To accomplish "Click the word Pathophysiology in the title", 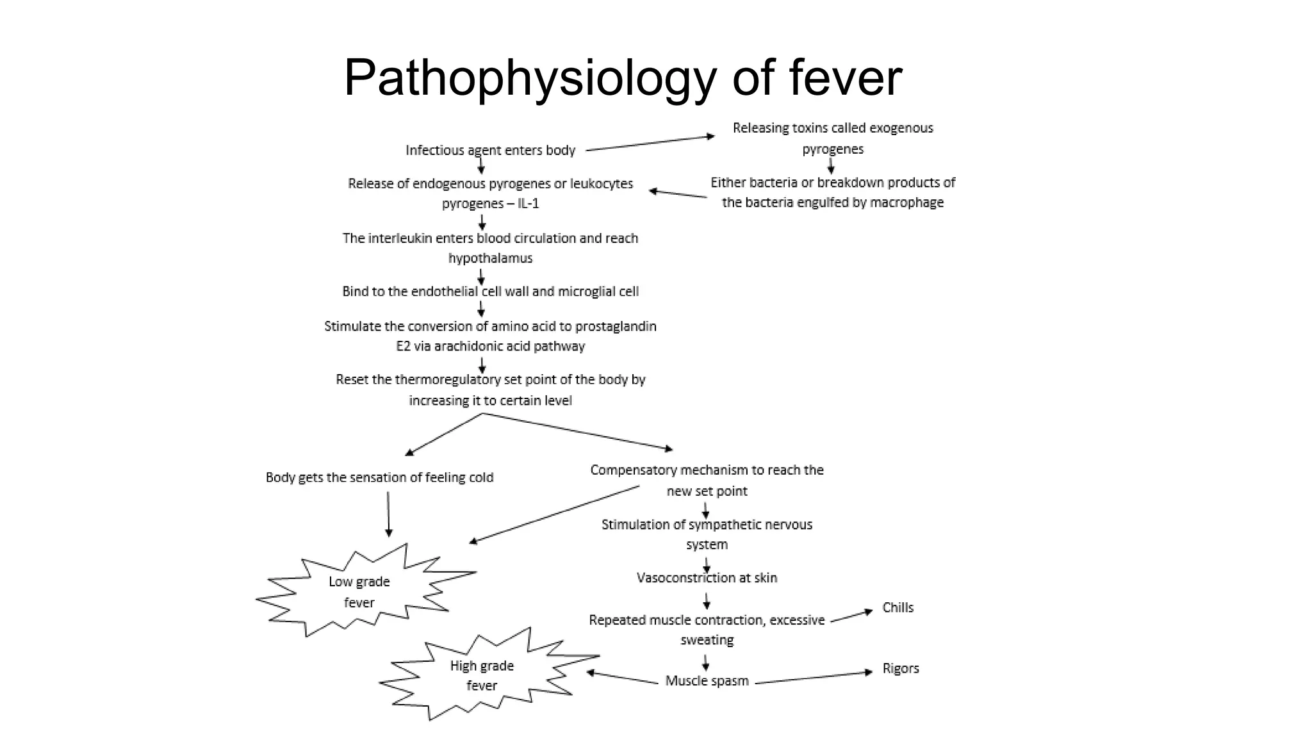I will click(x=530, y=78).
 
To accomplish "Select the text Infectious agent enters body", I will click(x=490, y=151).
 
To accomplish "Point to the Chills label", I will click(x=898, y=607).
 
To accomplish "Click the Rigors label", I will click(x=900, y=668).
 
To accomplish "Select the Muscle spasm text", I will click(x=707, y=681).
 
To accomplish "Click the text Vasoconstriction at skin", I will click(x=707, y=578).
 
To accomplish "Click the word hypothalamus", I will click(x=490, y=258).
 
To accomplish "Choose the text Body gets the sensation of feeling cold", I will click(x=379, y=477).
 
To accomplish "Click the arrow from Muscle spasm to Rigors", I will click(x=814, y=677).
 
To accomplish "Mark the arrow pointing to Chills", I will click(x=851, y=616).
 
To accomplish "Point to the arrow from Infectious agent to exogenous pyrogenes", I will click(x=650, y=143).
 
